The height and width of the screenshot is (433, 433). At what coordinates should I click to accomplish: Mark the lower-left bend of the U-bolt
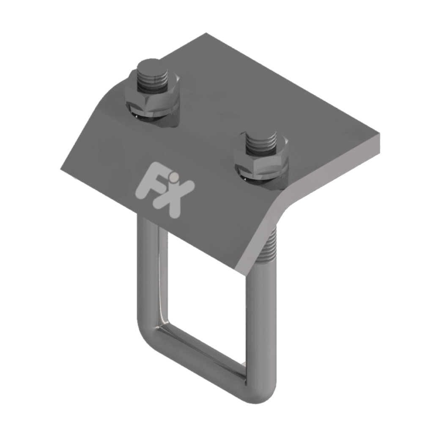coord(150,334)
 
